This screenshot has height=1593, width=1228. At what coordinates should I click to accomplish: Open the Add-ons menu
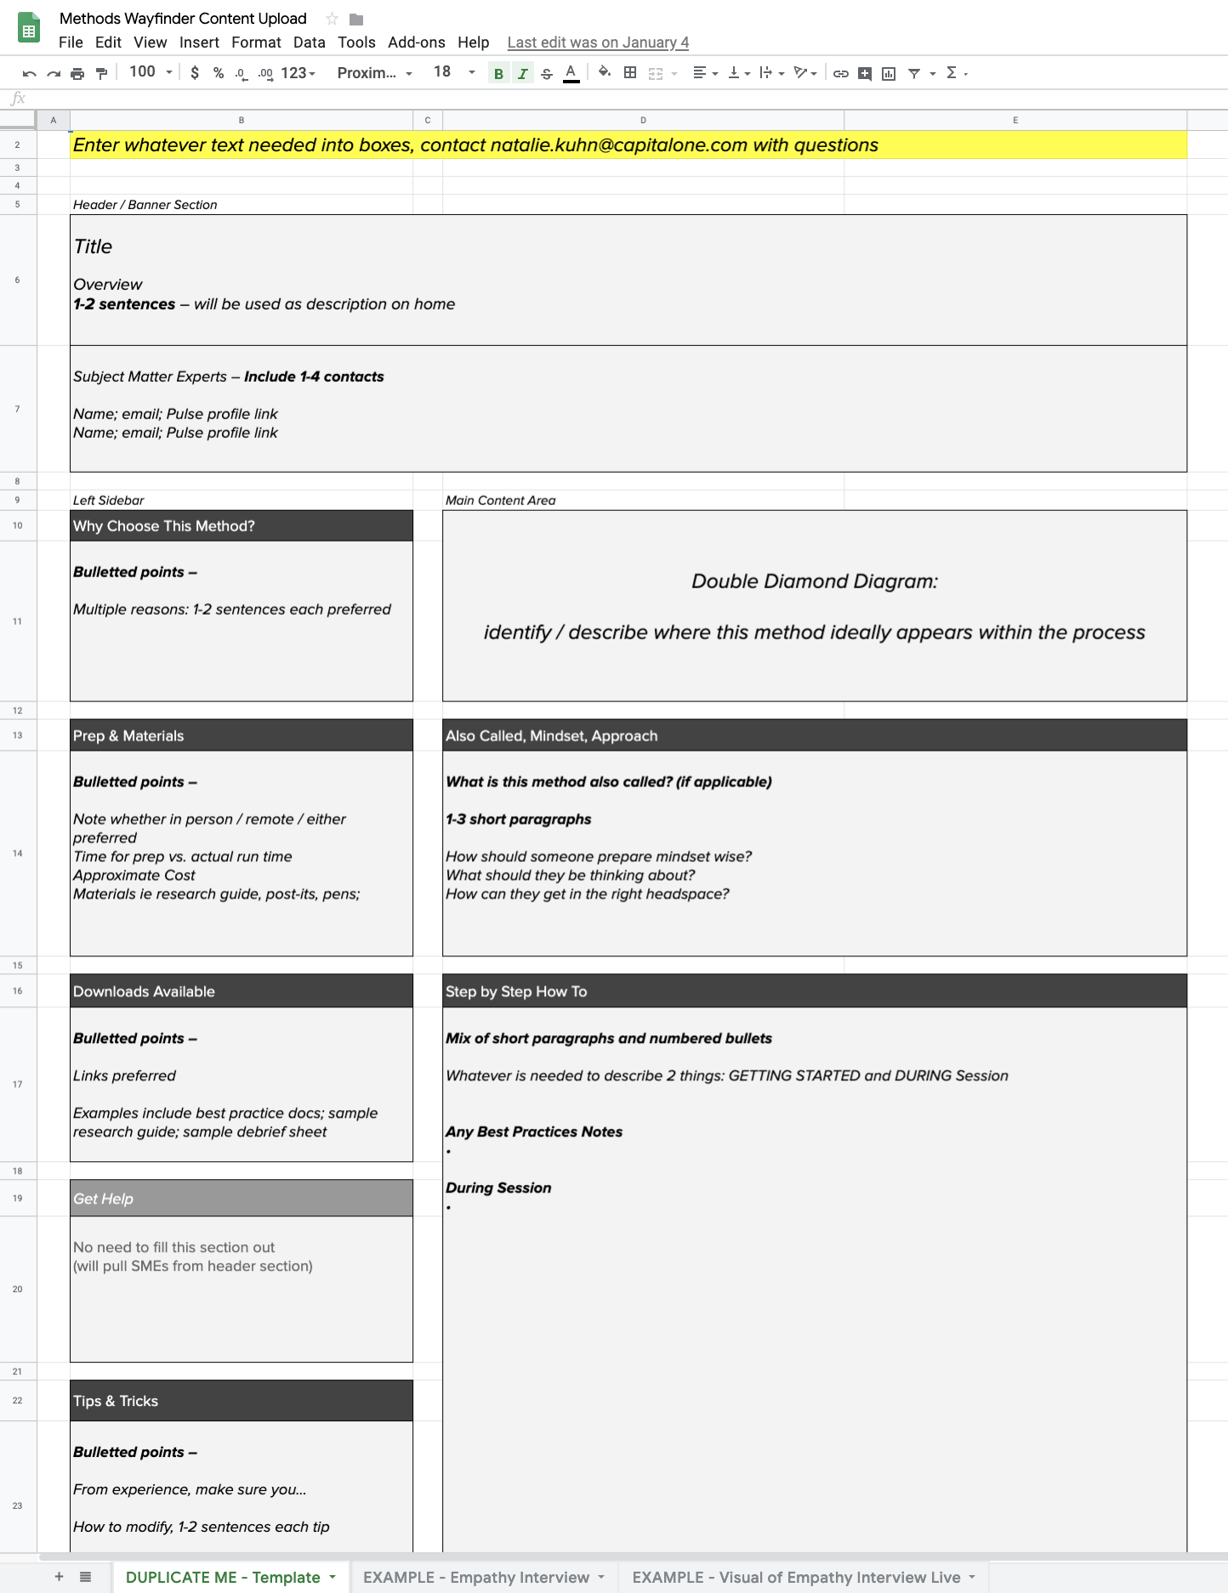click(416, 43)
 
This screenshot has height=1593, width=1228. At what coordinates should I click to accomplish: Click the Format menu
click(256, 43)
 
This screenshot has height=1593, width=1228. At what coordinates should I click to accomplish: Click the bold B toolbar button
click(498, 74)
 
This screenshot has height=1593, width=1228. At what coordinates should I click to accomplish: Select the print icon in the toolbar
click(77, 74)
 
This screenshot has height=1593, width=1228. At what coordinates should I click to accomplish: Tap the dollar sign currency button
click(195, 73)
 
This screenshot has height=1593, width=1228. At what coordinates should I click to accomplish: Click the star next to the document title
click(332, 19)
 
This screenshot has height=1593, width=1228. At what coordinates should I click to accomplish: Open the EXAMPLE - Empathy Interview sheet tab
click(476, 1578)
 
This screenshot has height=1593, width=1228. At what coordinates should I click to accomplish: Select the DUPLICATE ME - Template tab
click(223, 1578)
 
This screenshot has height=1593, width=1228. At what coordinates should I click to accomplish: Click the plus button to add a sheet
click(59, 1577)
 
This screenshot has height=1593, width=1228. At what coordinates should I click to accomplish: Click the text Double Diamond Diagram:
click(814, 581)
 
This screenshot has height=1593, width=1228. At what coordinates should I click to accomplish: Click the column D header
click(643, 120)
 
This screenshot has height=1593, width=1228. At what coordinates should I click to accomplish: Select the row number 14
click(18, 853)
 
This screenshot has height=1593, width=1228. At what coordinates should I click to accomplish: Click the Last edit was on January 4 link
click(598, 43)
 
